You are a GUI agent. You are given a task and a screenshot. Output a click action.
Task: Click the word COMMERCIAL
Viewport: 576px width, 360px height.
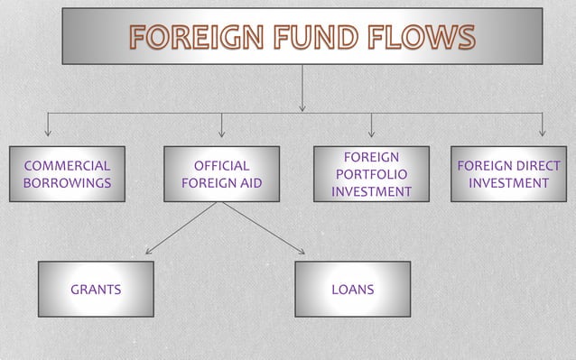tap(67, 166)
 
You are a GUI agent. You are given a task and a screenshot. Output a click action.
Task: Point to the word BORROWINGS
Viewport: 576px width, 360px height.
tap(67, 183)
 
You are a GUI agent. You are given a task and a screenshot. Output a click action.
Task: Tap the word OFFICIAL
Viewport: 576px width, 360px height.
tap(221, 166)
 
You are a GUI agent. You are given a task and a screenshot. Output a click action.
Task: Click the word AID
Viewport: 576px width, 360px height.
tap(247, 183)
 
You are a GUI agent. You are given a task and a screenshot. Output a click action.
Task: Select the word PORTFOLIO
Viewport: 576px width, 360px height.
tap(370, 174)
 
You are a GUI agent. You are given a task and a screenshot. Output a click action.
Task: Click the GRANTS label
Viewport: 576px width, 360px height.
tap(96, 290)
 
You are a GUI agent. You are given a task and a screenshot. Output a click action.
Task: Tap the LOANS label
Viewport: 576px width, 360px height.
tap(352, 290)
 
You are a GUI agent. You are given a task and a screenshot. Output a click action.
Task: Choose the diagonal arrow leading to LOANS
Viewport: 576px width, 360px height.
tap(264, 228)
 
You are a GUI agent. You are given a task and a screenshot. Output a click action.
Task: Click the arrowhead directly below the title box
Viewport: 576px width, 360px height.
tap(302, 107)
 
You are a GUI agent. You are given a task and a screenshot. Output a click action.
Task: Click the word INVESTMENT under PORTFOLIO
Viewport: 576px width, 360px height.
tap(370, 191)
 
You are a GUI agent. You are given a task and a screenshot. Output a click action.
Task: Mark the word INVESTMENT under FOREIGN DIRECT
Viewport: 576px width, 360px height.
tap(508, 183)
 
